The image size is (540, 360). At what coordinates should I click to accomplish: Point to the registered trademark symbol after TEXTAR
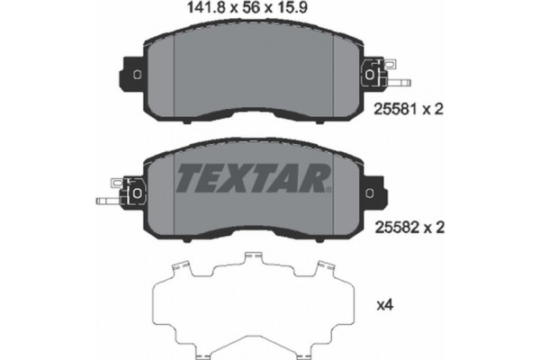click(330, 190)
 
